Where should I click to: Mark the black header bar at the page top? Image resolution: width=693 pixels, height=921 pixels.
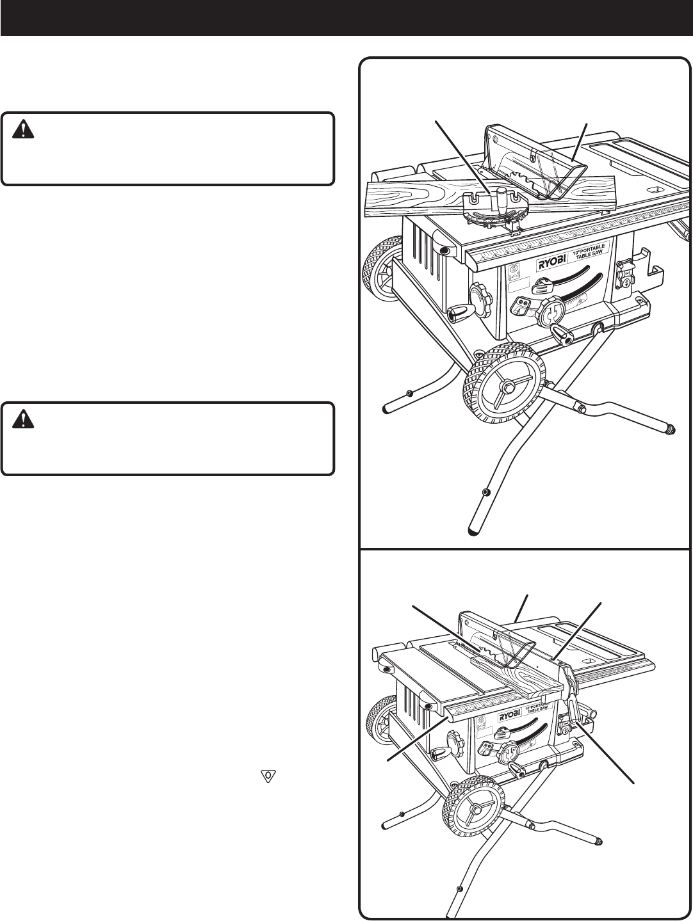pyautogui.click(x=346, y=17)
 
